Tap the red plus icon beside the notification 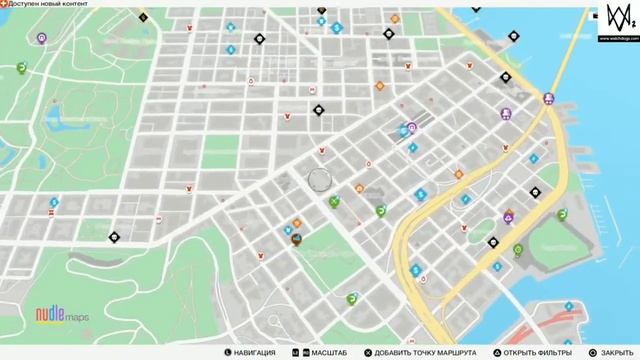[4, 7]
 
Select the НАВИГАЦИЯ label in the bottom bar [258, 352]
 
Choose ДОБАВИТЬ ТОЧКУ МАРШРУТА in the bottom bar [421, 352]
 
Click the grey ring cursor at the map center [320, 180]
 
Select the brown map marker [296, 238]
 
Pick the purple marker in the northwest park [42, 38]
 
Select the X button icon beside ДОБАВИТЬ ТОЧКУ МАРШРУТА [369, 352]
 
